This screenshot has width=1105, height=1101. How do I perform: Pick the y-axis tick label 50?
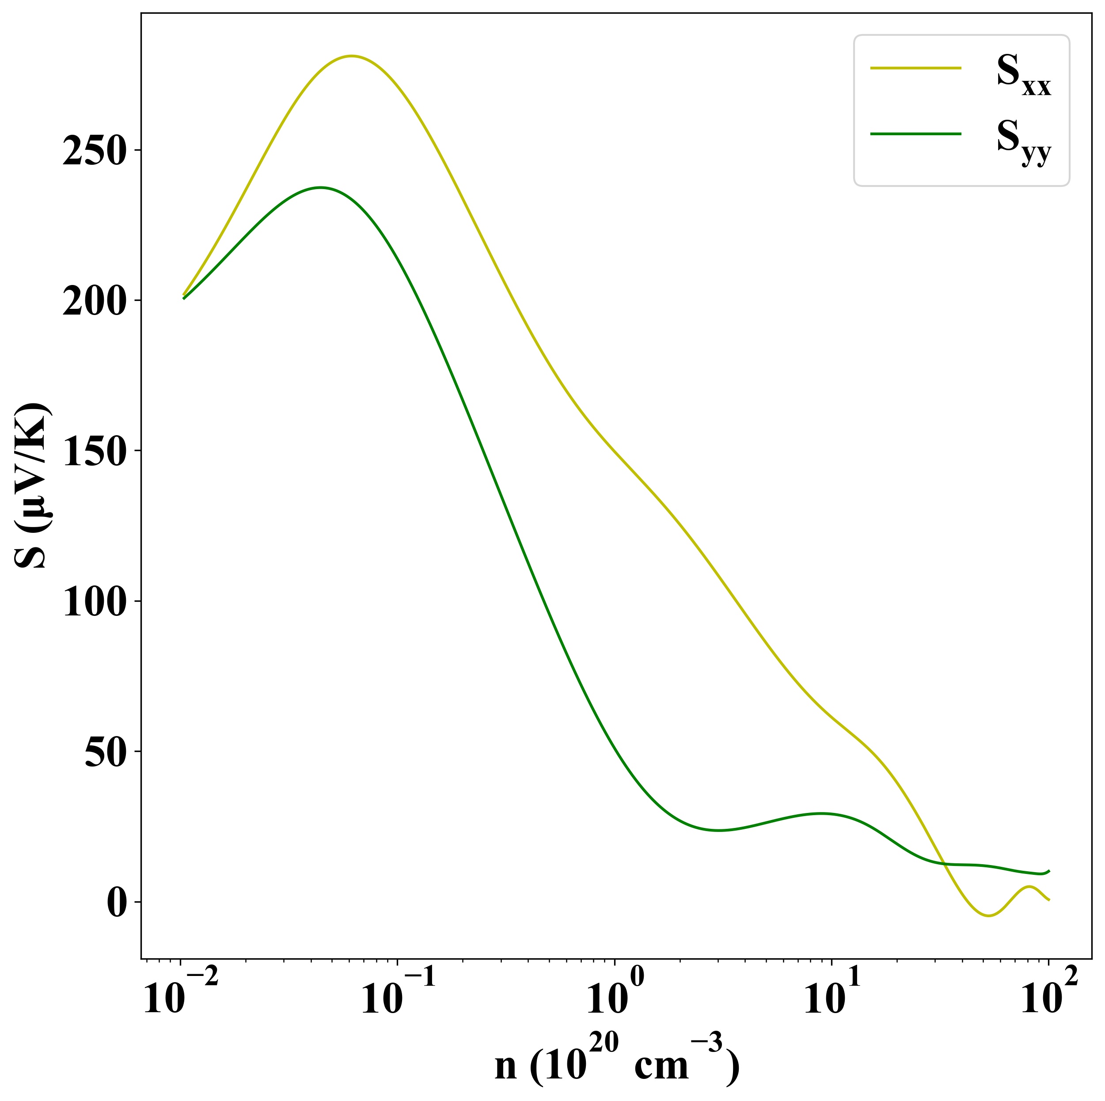tap(105, 754)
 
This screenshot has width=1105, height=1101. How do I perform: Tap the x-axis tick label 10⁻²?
tap(180, 998)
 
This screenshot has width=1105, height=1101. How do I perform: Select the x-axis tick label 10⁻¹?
tap(398, 998)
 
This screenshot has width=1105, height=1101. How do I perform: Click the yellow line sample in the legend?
tap(915, 68)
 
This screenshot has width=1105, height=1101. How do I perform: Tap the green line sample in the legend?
tap(915, 134)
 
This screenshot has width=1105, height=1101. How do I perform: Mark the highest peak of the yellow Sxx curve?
tap(352, 56)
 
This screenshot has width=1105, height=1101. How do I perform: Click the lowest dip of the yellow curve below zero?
tap(988, 916)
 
